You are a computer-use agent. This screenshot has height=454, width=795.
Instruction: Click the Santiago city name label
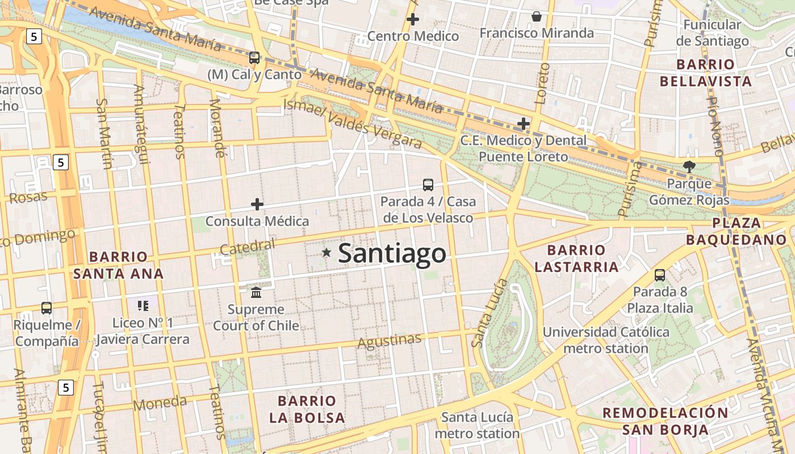coord(392,253)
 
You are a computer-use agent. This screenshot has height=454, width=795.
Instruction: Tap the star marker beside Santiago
coord(327,253)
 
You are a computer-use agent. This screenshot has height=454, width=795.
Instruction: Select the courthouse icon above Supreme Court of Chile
coord(256,293)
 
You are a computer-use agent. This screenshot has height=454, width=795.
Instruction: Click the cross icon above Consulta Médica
coord(257,204)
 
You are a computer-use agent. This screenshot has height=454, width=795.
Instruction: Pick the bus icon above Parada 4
coord(428,185)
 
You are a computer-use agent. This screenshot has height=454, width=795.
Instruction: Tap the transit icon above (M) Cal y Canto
coord(254,58)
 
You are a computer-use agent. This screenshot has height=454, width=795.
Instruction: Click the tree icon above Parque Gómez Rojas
coord(689,167)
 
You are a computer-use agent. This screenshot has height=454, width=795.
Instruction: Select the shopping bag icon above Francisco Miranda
coord(537,16)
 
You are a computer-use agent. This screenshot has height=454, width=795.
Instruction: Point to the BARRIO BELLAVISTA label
coord(706,73)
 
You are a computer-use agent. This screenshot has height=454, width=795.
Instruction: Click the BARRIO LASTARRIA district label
coord(576,258)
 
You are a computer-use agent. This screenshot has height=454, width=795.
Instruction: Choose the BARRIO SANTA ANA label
coord(118,265)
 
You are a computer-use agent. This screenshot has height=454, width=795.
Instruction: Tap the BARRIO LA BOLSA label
coord(307,409)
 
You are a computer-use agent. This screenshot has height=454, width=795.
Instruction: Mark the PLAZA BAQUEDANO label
coord(736,231)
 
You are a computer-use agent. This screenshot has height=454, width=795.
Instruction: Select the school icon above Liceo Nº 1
coord(143,306)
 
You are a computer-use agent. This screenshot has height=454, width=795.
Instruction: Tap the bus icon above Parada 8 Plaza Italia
coord(660,275)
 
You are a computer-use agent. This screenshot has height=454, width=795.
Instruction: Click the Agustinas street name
coord(390,341)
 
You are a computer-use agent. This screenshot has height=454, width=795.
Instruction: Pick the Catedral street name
coord(247,247)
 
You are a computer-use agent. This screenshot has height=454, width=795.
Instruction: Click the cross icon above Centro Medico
coord(413,19)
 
